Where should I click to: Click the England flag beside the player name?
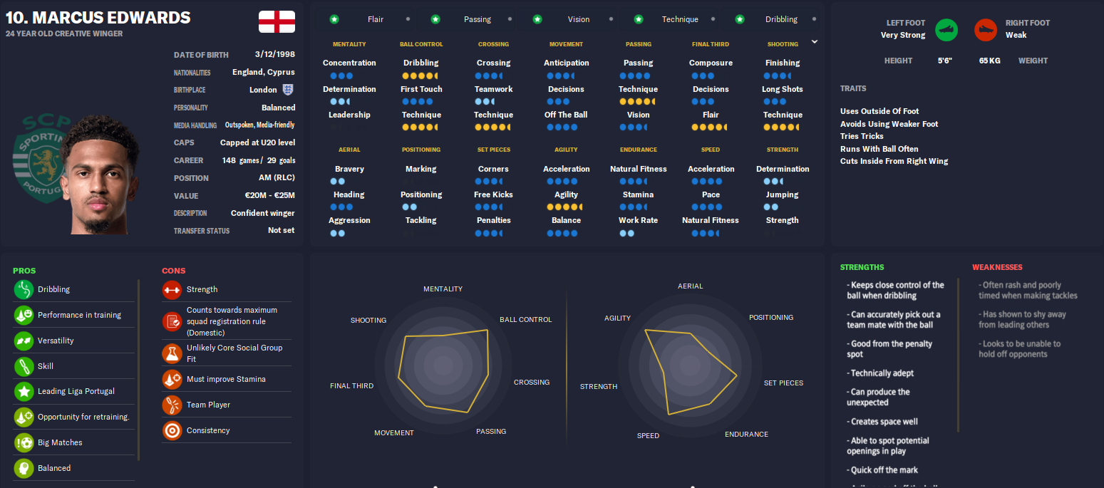click(x=277, y=21)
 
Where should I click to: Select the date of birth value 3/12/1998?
click(x=274, y=54)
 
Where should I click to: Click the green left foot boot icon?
click(x=946, y=30)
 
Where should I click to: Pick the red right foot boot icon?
click(x=986, y=30)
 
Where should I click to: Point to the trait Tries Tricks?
click(x=862, y=136)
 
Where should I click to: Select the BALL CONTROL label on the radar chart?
click(x=525, y=320)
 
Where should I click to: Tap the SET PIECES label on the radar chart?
click(x=783, y=383)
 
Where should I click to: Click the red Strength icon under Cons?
click(x=172, y=290)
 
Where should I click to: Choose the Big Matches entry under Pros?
click(x=60, y=442)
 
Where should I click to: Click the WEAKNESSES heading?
click(x=997, y=267)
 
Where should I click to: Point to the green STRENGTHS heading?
click(x=862, y=267)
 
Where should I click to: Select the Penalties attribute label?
click(x=493, y=220)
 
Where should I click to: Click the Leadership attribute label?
click(x=349, y=115)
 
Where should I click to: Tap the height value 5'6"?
click(x=946, y=61)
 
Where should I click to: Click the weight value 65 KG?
click(x=989, y=61)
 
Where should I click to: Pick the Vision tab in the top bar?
click(x=578, y=19)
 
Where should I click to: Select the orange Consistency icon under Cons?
click(x=172, y=430)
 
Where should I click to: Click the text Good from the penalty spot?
click(x=891, y=349)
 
